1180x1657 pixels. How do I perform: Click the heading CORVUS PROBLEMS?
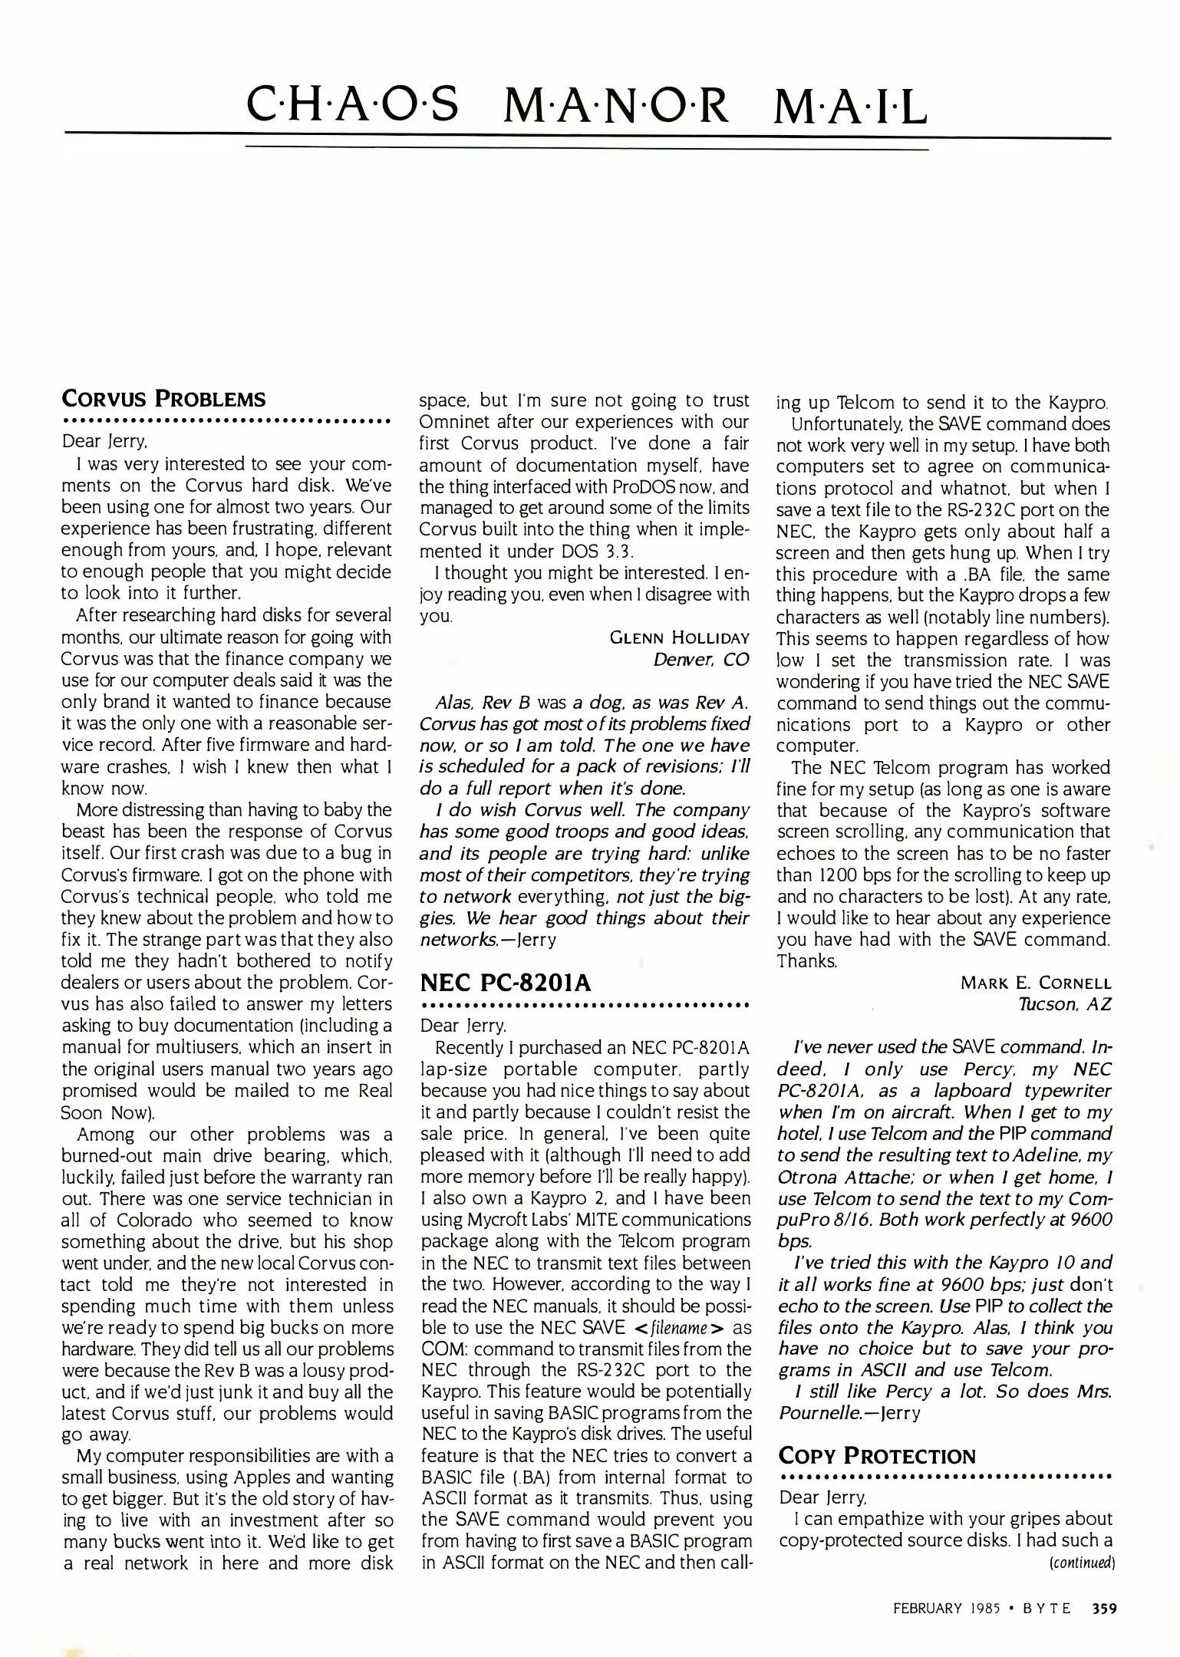163,399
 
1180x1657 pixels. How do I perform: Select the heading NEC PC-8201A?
506,983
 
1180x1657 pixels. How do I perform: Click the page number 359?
1104,1609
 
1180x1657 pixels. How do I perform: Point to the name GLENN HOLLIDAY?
679,637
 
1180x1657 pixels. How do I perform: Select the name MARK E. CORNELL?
1035,983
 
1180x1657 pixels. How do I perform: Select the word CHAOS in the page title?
353,106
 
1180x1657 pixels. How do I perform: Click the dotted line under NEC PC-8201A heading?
585,1004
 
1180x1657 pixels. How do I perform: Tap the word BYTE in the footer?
1047,1609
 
